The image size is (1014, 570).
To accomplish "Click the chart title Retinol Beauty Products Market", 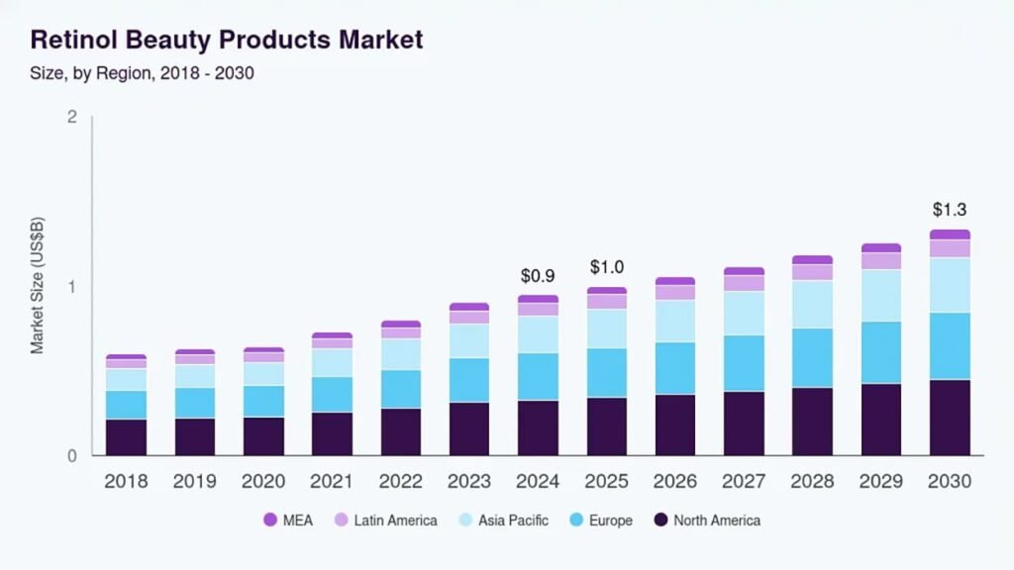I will coord(227,41).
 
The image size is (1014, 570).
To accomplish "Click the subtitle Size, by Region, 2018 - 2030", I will coord(143,73).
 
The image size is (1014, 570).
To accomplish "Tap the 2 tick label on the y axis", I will coord(71,118).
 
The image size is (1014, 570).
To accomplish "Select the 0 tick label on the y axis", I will coord(71,456).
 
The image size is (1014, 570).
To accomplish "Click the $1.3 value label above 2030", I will coord(950,210).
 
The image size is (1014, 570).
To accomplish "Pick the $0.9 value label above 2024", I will coord(538,275).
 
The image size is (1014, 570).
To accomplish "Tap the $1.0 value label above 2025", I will coord(607,267).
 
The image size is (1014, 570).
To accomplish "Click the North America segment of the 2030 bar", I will coord(950,418).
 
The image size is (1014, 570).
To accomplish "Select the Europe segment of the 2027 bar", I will coord(744,363).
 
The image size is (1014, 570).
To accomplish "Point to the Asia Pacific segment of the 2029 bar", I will coord(881,295).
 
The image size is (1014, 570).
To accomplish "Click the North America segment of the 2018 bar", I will coord(126,437).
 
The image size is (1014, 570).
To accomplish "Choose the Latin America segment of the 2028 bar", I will coord(813,272).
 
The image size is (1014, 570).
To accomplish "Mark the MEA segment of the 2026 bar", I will coord(675,281).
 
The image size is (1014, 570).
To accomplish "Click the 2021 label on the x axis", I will coord(332,482).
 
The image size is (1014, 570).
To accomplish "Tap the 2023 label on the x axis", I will coord(469,482).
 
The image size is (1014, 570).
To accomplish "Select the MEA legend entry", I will coord(288,521).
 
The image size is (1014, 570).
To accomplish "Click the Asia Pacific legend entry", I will coord(503,521).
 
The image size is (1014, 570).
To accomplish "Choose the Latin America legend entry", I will coord(384,521).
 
